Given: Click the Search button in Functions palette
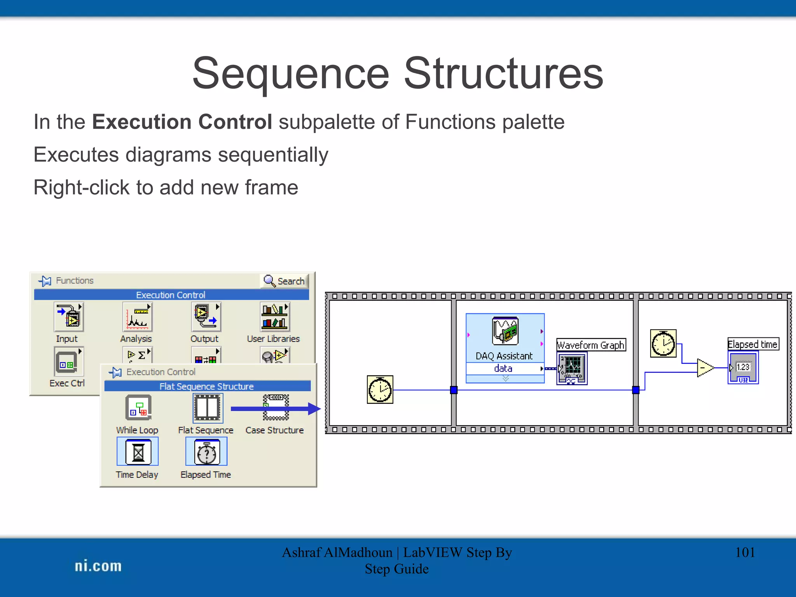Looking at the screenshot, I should pos(285,281).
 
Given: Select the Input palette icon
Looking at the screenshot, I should pos(69,317).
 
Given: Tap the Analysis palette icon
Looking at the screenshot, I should pos(137,317).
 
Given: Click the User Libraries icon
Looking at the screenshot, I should pos(275,317).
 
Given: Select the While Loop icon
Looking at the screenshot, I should pos(138,408).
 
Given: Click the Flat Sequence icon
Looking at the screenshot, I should pos(208,408).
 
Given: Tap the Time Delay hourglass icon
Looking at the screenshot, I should pos(138,452).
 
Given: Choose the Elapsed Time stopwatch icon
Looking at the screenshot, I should pos(206,452).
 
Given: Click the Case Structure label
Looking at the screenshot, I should pos(274,430).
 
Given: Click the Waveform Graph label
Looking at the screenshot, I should pos(591,345).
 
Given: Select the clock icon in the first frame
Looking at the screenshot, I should pos(380,389).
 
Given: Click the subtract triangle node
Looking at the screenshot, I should pos(704,368).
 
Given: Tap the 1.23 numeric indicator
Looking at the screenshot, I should pos(743,368).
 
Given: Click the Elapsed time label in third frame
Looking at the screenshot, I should pos(753,344).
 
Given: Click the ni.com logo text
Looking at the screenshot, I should pos(98,566).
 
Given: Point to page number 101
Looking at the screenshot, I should pos(745,552).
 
